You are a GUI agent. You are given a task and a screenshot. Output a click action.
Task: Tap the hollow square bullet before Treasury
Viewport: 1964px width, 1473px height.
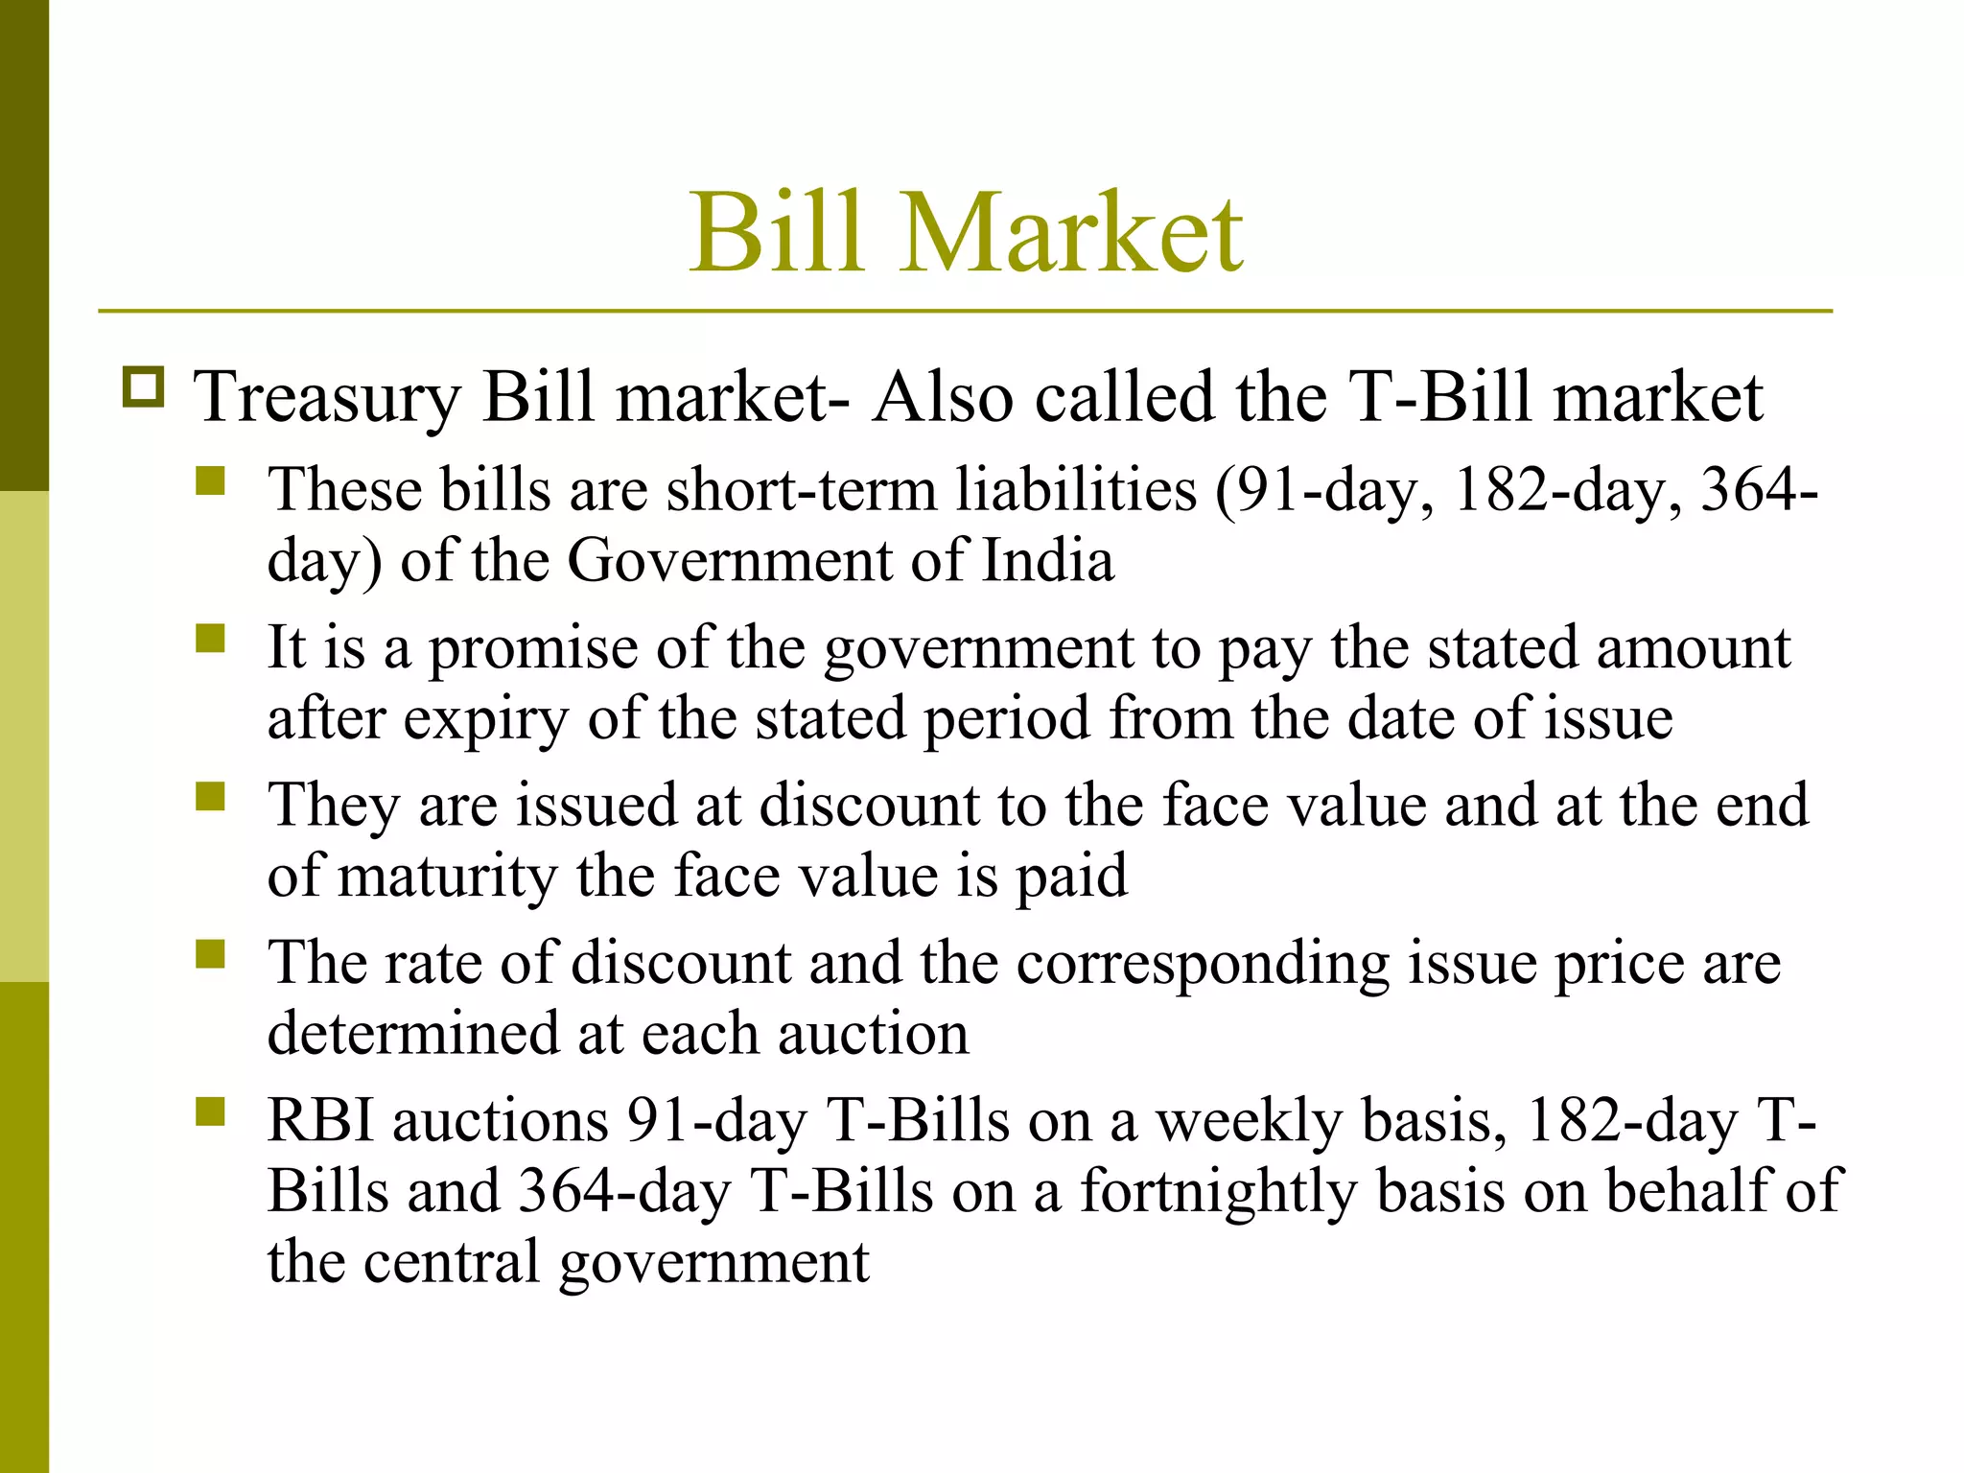pyautogui.click(x=143, y=387)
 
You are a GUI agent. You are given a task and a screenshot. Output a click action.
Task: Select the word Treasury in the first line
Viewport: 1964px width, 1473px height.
pyautogui.click(x=327, y=398)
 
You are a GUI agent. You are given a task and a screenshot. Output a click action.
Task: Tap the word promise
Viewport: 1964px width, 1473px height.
pyautogui.click(x=532, y=649)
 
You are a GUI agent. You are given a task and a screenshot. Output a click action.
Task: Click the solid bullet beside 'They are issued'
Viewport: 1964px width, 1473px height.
pyautogui.click(x=210, y=796)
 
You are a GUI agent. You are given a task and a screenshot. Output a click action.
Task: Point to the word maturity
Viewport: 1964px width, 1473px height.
pyautogui.click(x=448, y=877)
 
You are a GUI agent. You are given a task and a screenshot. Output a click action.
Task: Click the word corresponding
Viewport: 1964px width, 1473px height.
pyautogui.click(x=1203, y=964)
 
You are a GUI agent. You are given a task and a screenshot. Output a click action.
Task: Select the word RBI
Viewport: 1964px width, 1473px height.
pyautogui.click(x=320, y=1120)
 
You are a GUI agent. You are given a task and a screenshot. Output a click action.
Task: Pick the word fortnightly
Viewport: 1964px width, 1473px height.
pyautogui.click(x=1219, y=1193)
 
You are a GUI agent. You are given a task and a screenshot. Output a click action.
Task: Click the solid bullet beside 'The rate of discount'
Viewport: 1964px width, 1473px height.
pyautogui.click(x=210, y=954)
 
